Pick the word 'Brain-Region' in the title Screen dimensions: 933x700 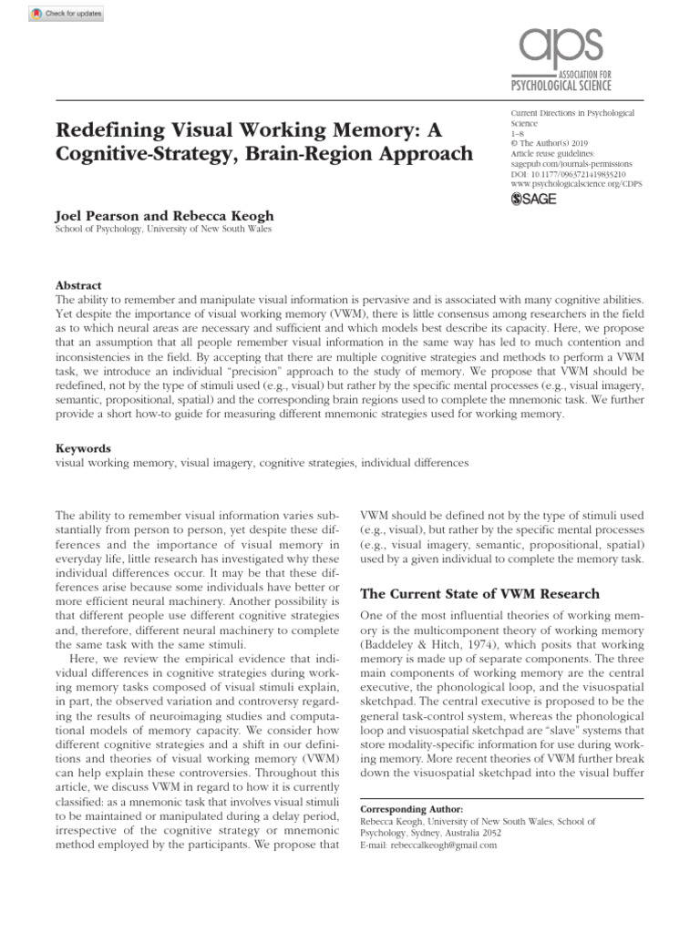click(x=313, y=152)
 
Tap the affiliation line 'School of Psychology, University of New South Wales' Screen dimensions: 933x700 click(x=164, y=230)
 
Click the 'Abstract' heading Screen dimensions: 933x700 click(x=78, y=285)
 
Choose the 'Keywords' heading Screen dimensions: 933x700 click(x=83, y=448)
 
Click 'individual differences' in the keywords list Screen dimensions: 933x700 click(x=415, y=463)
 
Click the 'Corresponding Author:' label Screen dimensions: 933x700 click(x=412, y=809)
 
